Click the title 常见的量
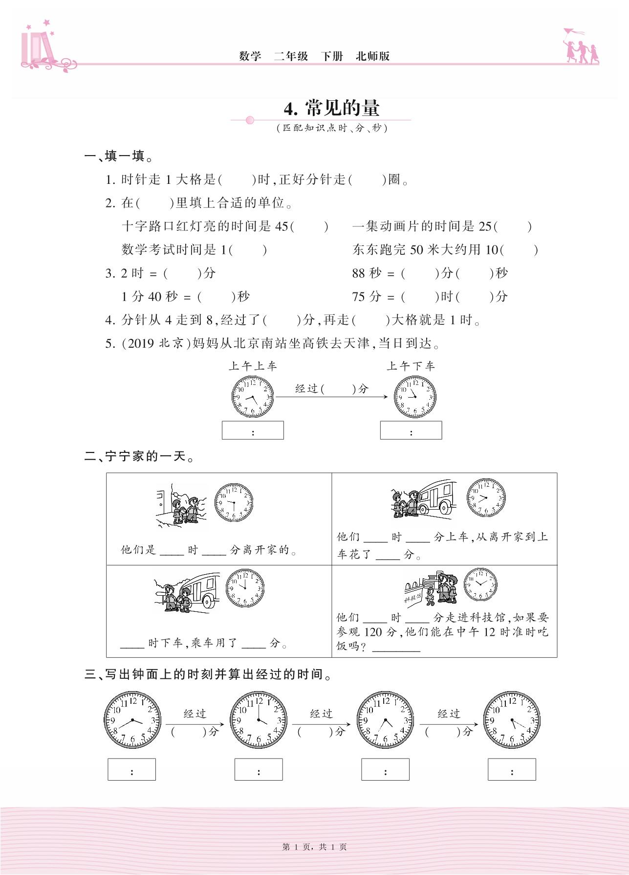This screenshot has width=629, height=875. (342, 108)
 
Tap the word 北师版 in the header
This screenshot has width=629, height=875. (372, 56)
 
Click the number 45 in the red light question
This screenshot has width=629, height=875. (282, 226)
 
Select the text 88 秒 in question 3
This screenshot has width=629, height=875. (367, 273)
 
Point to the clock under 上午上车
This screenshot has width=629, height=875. (253, 397)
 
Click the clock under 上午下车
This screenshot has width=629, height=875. (415, 397)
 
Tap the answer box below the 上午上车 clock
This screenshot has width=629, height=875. (253, 430)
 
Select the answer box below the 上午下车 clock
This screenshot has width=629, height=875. (411, 430)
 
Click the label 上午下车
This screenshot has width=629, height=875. (411, 366)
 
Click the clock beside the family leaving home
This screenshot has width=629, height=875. (234, 502)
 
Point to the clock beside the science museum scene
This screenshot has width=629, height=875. (480, 584)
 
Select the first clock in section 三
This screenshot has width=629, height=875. (132, 720)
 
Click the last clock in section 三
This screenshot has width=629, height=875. (512, 720)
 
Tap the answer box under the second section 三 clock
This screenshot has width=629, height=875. (259, 769)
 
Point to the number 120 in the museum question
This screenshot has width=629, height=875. (373, 632)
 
